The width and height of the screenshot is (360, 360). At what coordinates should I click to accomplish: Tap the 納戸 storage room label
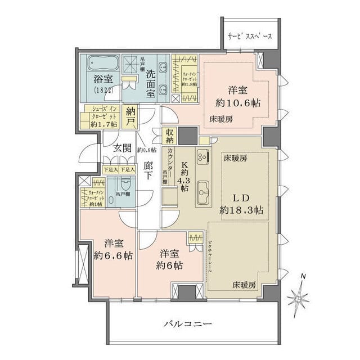[131, 115]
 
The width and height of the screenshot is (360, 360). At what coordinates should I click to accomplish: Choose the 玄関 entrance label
[123, 148]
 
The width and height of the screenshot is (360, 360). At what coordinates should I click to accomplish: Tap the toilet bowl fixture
[125, 185]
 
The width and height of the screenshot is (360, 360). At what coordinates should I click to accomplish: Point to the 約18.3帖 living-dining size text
[241, 211]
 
